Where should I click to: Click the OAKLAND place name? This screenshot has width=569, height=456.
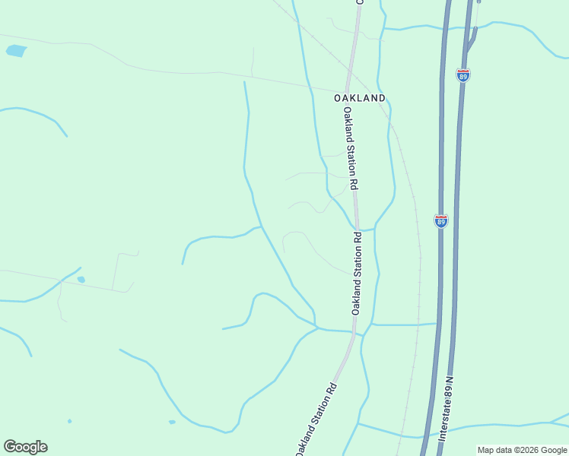tap(359, 98)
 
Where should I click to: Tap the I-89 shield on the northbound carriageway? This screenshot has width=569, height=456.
tap(463, 74)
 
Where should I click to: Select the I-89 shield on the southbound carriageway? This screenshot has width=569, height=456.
tap(441, 220)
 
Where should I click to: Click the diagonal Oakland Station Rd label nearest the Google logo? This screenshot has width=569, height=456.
tap(315, 419)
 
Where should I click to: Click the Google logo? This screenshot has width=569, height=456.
tap(25, 447)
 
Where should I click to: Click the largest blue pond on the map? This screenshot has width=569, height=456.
tap(16, 51)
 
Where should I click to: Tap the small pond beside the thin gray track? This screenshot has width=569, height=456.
tap(81, 280)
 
